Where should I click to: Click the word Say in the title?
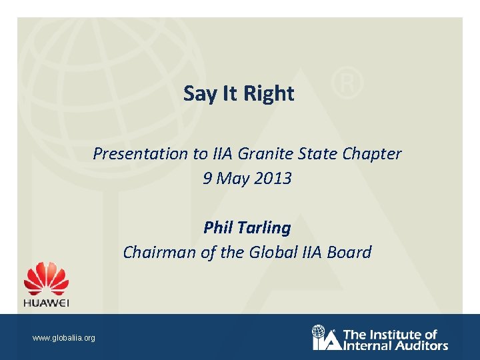(x=197, y=94)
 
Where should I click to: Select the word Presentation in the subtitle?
(x=141, y=154)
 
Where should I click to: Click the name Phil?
(x=217, y=228)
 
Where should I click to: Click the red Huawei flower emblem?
(x=47, y=279)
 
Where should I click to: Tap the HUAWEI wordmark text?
(x=47, y=302)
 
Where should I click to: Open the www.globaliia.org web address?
(x=64, y=338)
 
